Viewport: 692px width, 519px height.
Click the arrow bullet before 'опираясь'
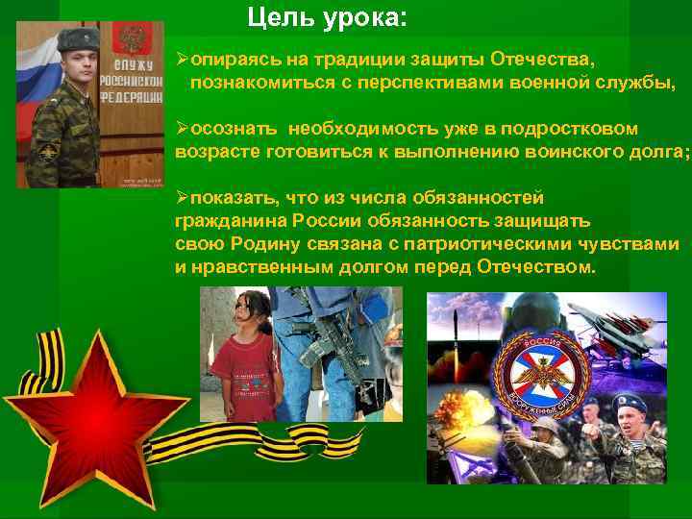pos(182,61)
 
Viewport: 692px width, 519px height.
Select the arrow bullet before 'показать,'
pos(182,197)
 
